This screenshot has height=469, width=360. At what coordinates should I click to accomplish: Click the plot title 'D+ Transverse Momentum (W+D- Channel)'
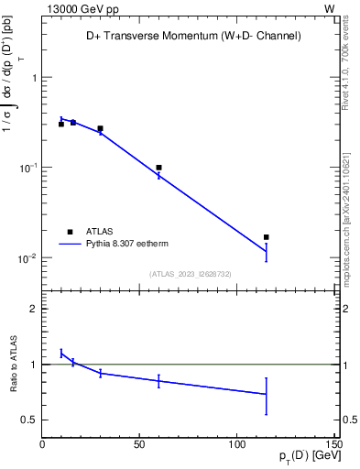point(188,36)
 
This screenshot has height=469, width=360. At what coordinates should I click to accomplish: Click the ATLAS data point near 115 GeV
point(266,237)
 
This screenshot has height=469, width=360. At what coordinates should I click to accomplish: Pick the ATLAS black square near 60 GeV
point(158,168)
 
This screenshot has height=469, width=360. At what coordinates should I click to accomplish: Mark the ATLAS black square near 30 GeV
point(100,129)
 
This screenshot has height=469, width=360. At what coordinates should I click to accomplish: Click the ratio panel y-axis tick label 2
point(33,309)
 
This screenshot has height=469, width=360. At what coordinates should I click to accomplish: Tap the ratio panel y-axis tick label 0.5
point(28,420)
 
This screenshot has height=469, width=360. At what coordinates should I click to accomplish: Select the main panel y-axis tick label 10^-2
point(27,258)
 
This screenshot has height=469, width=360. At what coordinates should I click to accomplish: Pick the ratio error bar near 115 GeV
point(266,395)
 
